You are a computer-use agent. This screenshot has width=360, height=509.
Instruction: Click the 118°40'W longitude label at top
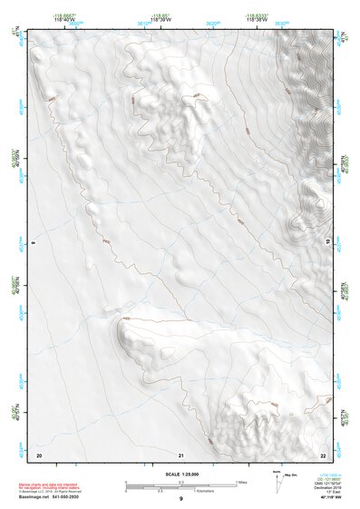(x=63, y=19)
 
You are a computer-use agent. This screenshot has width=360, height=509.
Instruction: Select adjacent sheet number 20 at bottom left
(x=38, y=455)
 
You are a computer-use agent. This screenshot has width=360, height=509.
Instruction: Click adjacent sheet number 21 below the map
(x=181, y=455)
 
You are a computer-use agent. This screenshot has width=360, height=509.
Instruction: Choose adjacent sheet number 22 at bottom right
(x=323, y=455)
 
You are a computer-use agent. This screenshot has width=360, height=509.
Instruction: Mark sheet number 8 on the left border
(x=33, y=243)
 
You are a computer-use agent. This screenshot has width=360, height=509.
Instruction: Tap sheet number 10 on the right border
(x=328, y=243)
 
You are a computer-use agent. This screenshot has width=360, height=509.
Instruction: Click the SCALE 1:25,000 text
(x=180, y=474)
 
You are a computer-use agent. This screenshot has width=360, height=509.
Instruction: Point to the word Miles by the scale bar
(x=241, y=482)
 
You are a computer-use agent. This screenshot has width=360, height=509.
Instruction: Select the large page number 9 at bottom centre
(x=180, y=500)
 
